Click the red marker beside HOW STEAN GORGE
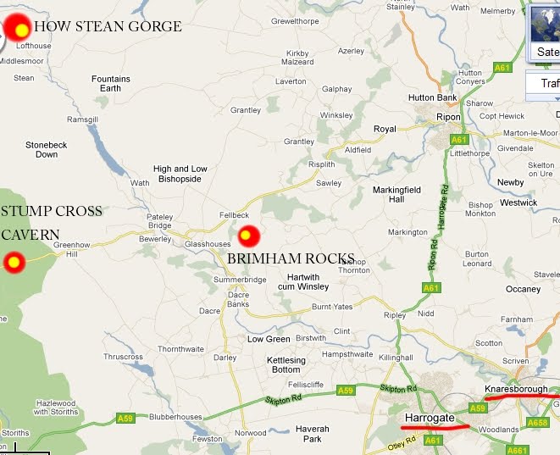pyautogui.click(x=19, y=29)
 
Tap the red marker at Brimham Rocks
pyautogui.click(x=247, y=235)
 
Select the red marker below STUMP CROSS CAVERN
pyautogui.click(x=14, y=263)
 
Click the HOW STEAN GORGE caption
pyautogui.click(x=108, y=27)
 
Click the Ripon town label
pyautogui.click(x=447, y=117)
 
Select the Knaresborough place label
pyautogui.click(x=516, y=389)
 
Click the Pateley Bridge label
pyautogui.click(x=160, y=222)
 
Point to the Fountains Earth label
pyautogui.click(x=111, y=83)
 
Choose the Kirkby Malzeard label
pyautogui.click(x=299, y=57)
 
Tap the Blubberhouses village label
pyautogui.click(x=176, y=417)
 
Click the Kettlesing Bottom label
pyautogui.click(x=286, y=365)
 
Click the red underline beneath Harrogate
pyautogui.click(x=437, y=427)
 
